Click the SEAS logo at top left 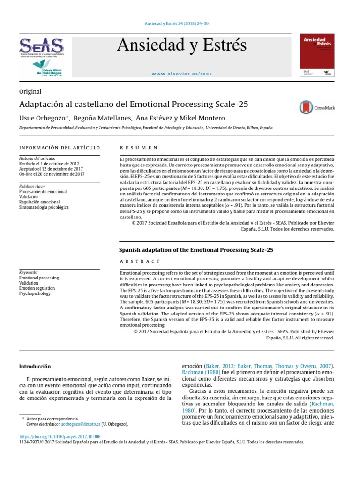point(41,46)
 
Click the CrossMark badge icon point(316,107)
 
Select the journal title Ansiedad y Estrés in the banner point(181,45)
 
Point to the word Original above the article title point(30,92)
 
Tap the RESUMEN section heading point(139,148)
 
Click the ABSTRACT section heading point(140,261)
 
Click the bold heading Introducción point(35,366)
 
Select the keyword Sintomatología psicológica point(44,207)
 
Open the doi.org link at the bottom point(59,436)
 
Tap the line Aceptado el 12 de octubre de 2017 point(51,169)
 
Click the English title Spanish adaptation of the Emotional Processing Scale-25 point(196,250)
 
